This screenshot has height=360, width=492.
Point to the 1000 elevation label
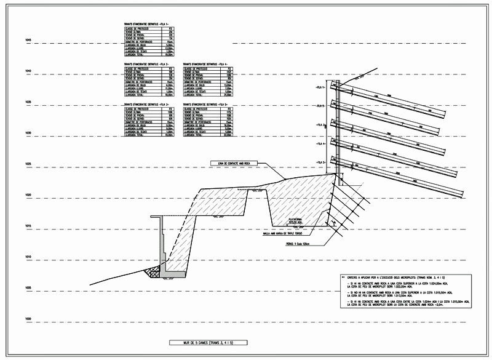pos(28,318)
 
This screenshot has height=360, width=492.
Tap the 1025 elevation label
pos(28,164)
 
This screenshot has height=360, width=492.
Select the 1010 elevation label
pos(28,257)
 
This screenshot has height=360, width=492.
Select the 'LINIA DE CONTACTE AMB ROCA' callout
pos(233,163)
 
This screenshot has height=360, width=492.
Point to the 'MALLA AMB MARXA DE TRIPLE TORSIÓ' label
pos(282,233)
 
